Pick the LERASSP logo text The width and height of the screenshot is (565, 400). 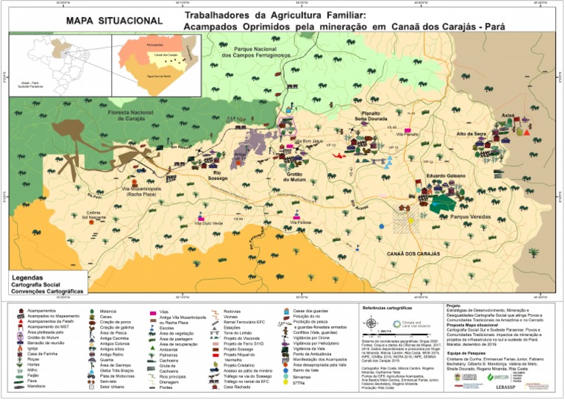pos(525,387)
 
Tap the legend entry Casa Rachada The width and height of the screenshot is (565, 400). pos(238,387)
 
